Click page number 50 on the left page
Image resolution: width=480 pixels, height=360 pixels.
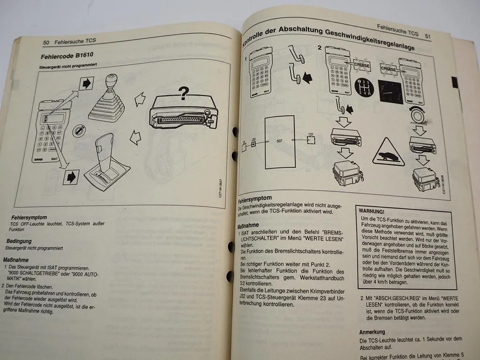tap(46, 42)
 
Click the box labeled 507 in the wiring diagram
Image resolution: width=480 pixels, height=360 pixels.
tap(279, 141)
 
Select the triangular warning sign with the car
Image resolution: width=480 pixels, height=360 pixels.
tap(388, 152)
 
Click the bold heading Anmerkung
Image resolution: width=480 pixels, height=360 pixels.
tap(372, 331)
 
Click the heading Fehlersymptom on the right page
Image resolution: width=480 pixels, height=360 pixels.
tap(255, 199)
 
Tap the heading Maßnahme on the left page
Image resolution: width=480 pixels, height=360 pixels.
tap(16, 259)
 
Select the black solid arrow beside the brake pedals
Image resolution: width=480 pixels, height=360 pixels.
tap(307, 77)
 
